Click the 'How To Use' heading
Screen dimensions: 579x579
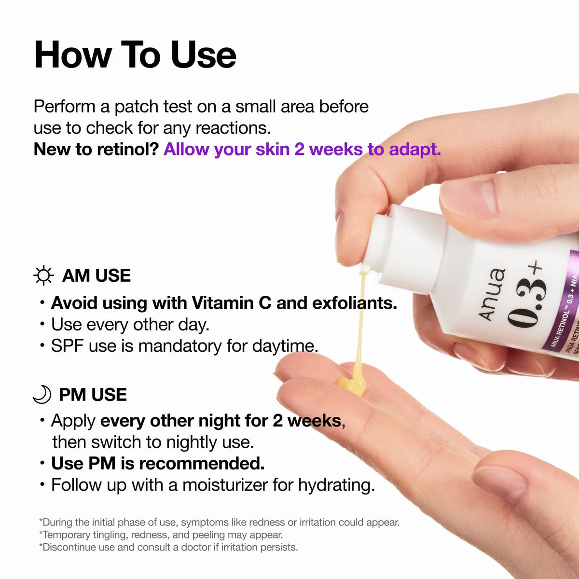point(135,55)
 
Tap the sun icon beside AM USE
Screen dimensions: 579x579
point(43,276)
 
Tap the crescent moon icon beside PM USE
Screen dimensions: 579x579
point(42,394)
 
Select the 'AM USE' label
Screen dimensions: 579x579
point(96,276)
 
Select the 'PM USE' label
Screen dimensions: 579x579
point(93,395)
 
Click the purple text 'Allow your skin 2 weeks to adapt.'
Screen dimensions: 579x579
point(302,149)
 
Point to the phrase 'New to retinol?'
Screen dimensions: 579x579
point(96,149)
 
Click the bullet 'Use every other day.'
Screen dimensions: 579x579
point(130,325)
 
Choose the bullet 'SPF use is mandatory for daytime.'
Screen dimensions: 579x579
point(184,346)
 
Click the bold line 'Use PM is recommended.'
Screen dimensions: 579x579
point(158,463)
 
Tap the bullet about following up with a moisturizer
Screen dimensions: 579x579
point(213,485)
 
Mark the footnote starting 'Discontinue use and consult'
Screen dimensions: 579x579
point(168,547)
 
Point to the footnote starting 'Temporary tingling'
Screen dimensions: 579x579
point(161,535)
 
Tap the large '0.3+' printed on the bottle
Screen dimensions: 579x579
point(526,297)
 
